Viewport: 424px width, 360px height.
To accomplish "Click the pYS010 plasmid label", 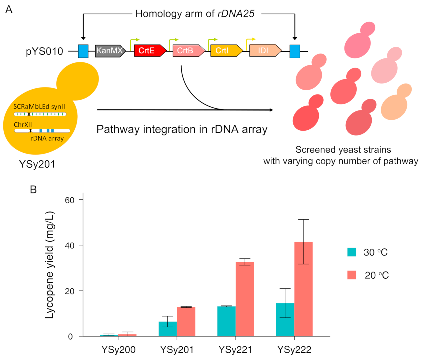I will (44, 51).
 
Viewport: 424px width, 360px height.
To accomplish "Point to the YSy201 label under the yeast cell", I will (37, 164).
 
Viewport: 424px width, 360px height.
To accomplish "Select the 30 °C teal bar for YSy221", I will (226, 321).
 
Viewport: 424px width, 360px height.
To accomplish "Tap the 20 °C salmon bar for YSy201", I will (186, 321).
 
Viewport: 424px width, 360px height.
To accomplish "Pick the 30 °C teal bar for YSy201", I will (168, 329).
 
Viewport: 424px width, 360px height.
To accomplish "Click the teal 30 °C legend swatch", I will (352, 252).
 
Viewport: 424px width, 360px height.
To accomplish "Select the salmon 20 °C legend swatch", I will (352, 275).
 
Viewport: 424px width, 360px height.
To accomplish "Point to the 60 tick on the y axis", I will (70, 200).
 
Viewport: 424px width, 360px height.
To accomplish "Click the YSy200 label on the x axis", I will (118, 350).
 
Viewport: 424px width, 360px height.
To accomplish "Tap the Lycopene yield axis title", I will (50, 265).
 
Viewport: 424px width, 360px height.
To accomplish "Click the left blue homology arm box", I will (83, 51).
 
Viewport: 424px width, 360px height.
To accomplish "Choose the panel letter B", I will (33, 190).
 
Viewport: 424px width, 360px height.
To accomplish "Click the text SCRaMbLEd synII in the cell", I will (39, 107).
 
